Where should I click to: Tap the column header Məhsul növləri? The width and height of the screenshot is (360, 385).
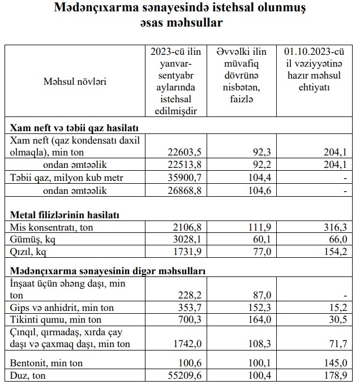(75, 81)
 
